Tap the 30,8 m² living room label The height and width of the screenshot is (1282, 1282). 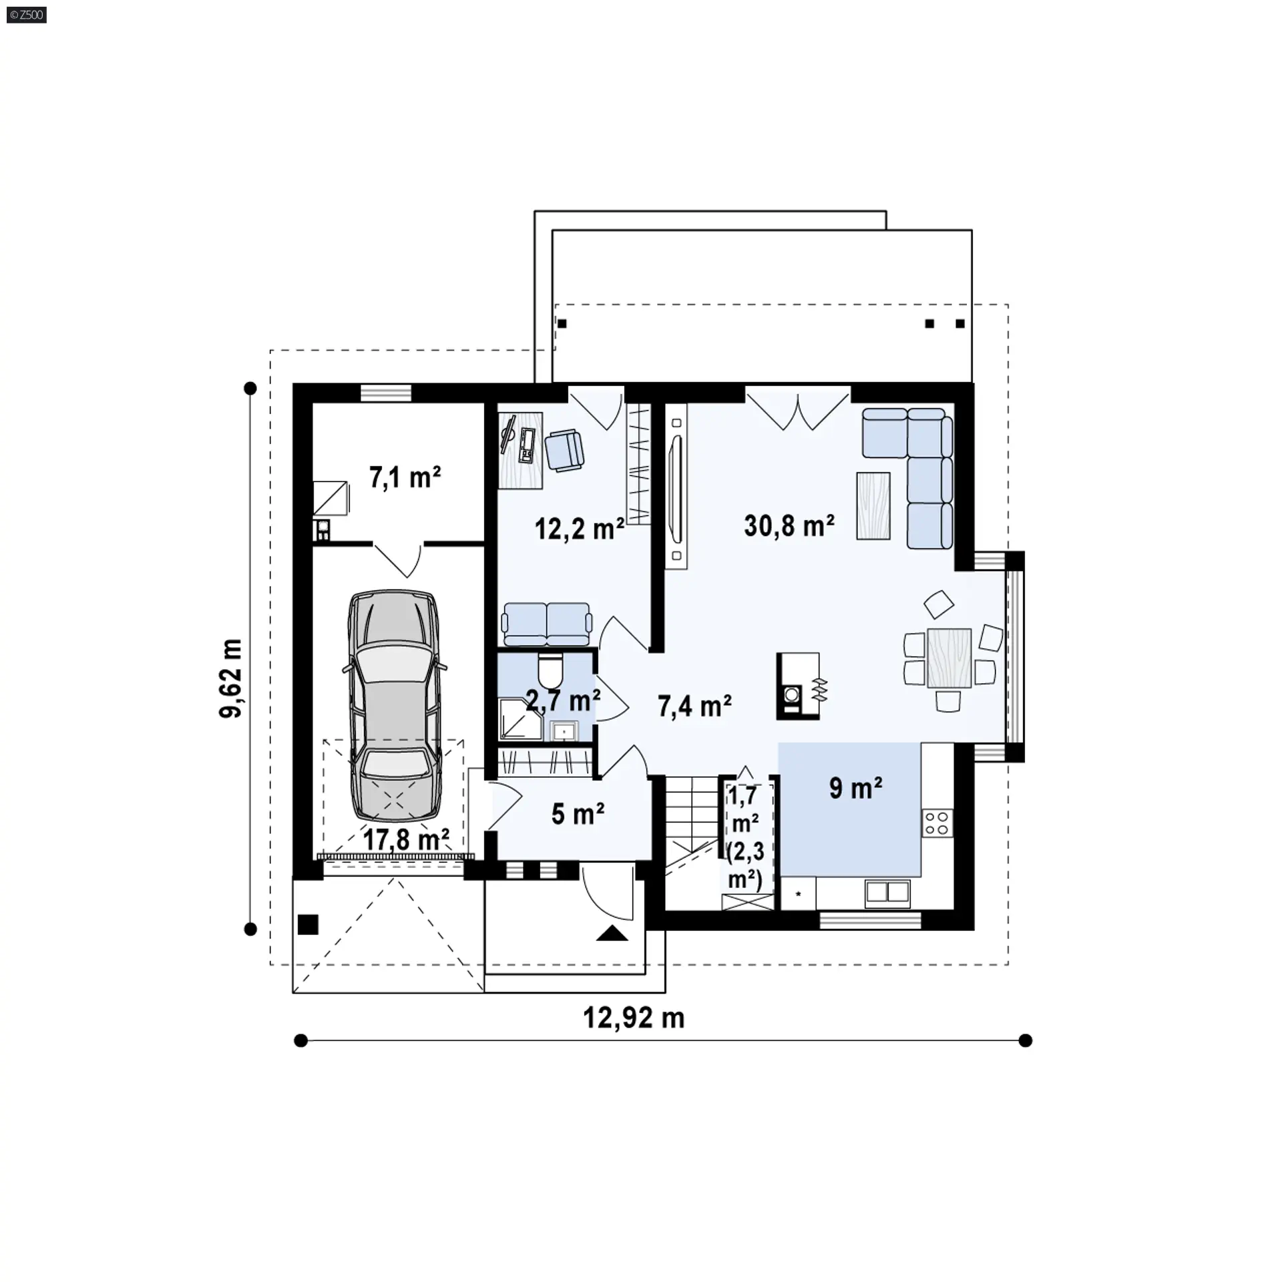tap(789, 525)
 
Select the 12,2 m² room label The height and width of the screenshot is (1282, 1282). tap(580, 528)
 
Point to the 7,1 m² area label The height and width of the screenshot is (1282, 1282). tap(405, 477)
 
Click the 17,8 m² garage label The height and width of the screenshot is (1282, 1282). tap(406, 839)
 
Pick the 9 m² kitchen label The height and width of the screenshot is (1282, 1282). tap(856, 788)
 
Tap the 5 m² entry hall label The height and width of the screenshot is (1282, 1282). tap(578, 814)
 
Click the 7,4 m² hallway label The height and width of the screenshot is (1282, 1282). tap(694, 706)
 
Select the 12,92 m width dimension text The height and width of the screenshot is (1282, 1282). tap(634, 1018)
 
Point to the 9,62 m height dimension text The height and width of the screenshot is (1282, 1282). tap(231, 678)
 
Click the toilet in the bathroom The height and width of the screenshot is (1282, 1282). tap(551, 670)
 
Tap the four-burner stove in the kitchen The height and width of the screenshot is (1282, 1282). tap(937, 822)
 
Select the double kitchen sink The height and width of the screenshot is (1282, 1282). tap(887, 893)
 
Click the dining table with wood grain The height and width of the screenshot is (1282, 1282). tap(949, 658)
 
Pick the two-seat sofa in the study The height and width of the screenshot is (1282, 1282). tap(547, 625)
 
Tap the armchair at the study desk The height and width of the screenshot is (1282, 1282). tap(564, 450)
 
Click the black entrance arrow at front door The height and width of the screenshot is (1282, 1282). tap(612, 933)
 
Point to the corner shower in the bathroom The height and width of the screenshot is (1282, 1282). tap(520, 720)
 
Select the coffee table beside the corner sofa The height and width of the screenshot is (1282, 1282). tap(873, 505)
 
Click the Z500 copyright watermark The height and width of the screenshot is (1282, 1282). tap(27, 15)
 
